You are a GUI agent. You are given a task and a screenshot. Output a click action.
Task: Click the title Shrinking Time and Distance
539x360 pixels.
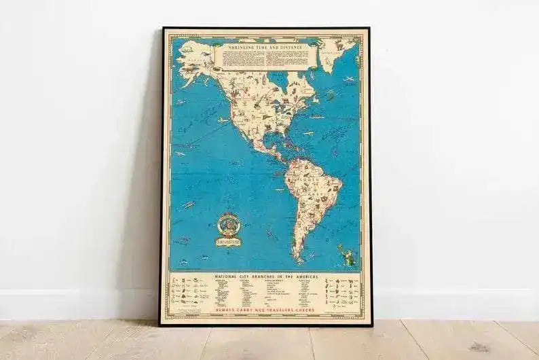point(265,48)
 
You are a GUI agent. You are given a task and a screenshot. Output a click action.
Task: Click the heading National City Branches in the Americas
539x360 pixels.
point(265,276)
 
